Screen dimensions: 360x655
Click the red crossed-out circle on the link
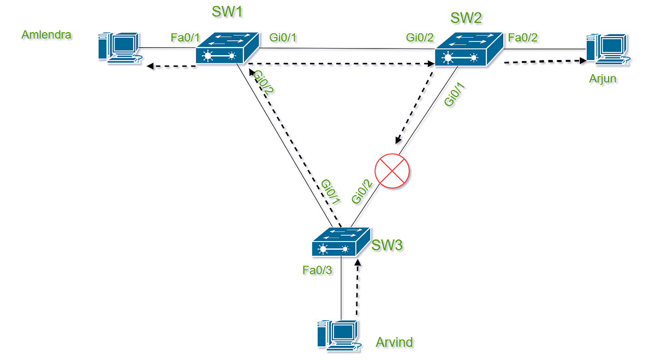[x=392, y=170]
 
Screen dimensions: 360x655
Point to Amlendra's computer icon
[x=117, y=48]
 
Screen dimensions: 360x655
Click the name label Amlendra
[x=46, y=35]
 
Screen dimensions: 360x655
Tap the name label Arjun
[x=603, y=79]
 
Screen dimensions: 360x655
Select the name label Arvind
[x=394, y=343]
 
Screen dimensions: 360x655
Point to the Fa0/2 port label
[x=523, y=37]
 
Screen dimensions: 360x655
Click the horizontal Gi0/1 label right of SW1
[x=283, y=37]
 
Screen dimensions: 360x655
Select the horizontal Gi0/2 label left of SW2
[x=420, y=37]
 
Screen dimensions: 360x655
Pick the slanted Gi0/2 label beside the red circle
[x=363, y=192]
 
